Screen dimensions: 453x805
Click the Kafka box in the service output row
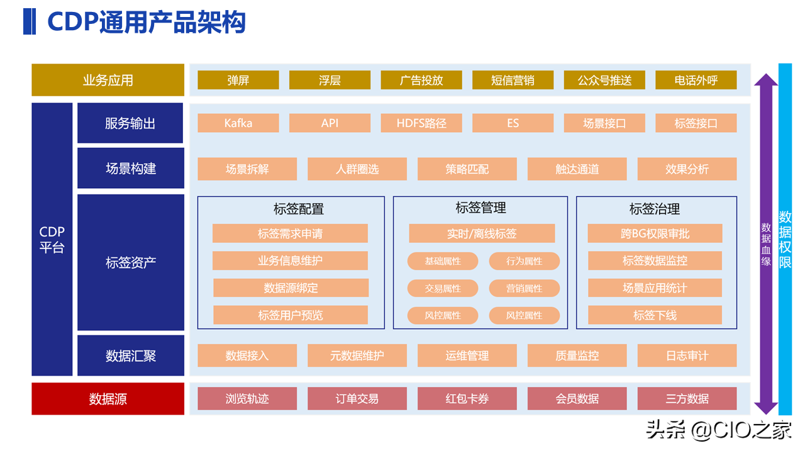point(238,123)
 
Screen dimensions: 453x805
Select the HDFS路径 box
point(421,123)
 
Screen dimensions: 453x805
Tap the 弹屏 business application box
point(238,80)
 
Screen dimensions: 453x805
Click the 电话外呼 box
point(696,80)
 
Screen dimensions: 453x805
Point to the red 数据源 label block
point(108,399)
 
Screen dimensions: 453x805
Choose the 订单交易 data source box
point(357,399)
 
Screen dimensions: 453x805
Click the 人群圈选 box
point(357,169)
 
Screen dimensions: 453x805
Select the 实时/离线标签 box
point(482,233)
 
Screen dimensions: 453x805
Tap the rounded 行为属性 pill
point(524,261)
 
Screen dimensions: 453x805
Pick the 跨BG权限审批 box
point(655,233)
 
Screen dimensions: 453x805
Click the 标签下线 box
point(655,315)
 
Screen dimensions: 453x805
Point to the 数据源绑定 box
point(291,288)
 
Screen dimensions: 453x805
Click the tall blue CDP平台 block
point(52,240)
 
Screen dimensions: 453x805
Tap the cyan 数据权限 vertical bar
point(785,240)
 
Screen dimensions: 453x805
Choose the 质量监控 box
point(577,355)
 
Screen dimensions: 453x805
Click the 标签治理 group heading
point(655,208)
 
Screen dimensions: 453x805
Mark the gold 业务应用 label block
point(108,80)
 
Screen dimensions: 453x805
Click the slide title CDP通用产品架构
point(146,23)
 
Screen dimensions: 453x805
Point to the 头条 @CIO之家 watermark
point(718,430)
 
